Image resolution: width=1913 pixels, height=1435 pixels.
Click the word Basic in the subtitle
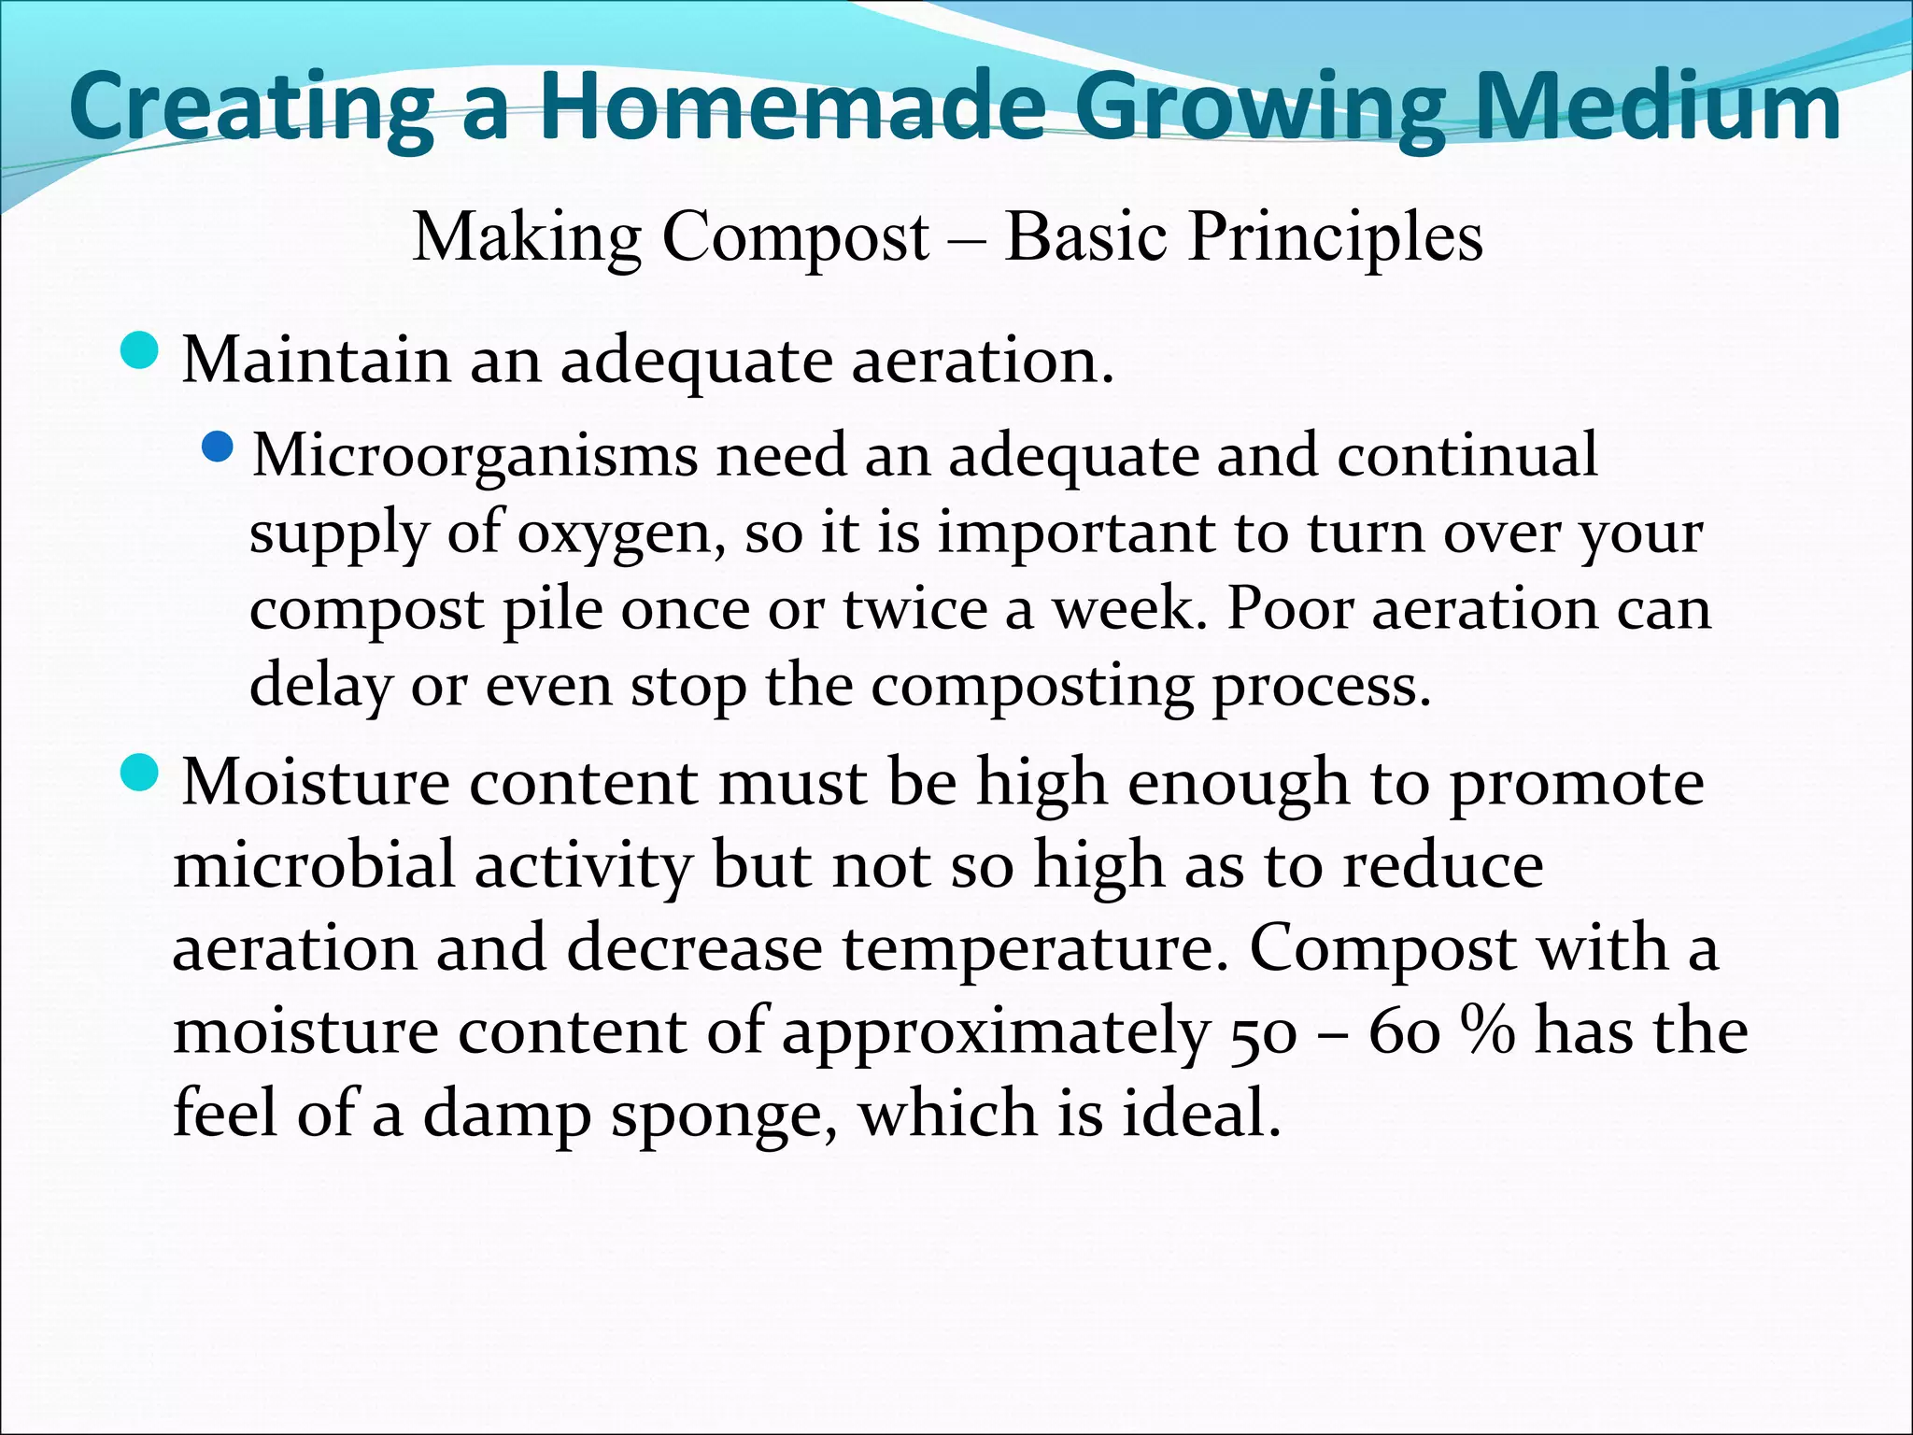1085,235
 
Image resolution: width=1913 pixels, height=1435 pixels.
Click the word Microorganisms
475,456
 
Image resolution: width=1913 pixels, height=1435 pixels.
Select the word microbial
314,865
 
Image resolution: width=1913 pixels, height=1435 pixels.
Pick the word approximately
996,1033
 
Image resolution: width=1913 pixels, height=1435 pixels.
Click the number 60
1405,1033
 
